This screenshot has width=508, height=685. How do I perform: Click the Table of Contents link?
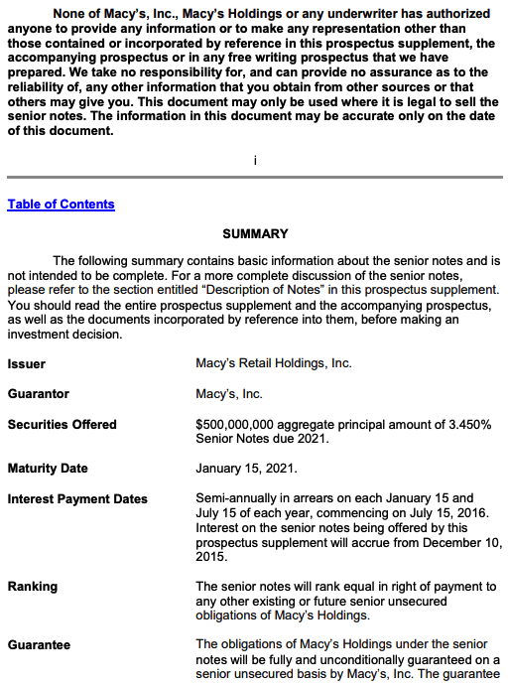(61, 205)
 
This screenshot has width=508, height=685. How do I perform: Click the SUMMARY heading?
(255, 234)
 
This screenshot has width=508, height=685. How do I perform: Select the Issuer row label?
(27, 364)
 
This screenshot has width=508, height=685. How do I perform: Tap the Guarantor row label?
(39, 394)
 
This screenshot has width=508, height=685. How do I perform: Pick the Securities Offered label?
(62, 425)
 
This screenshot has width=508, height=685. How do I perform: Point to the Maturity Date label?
(48, 469)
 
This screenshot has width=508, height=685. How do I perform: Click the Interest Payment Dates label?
(77, 499)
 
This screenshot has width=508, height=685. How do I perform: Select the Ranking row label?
(33, 587)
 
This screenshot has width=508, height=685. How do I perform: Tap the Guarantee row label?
(39, 645)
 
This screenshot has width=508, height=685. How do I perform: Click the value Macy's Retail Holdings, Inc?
(274, 364)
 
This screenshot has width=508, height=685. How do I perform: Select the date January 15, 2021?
(246, 469)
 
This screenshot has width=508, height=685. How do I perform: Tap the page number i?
(255, 161)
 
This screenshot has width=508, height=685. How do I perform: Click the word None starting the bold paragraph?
(72, 14)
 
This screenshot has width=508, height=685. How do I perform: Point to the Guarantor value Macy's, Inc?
(229, 394)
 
